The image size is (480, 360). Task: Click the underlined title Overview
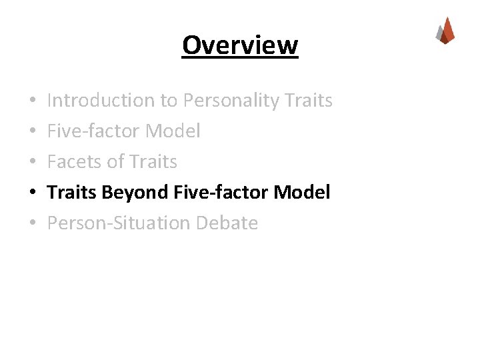(240, 45)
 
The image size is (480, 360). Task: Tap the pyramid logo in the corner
(445, 30)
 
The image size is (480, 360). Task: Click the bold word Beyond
(137, 193)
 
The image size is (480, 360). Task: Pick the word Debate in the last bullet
(227, 223)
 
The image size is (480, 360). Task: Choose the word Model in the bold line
(301, 193)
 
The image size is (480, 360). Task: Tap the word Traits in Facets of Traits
(155, 162)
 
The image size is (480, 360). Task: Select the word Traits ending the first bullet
(307, 101)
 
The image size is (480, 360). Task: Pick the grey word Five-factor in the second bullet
(93, 131)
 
